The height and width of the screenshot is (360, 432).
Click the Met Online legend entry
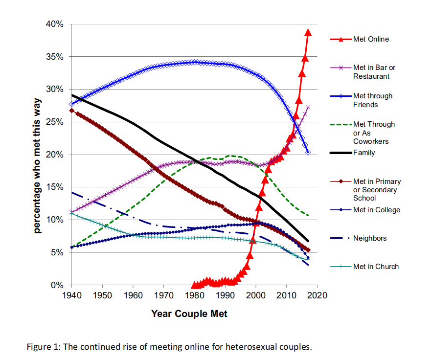click(371, 39)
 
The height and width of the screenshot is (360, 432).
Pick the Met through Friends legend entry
click(372, 100)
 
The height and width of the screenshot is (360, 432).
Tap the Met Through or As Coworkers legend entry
click(374, 133)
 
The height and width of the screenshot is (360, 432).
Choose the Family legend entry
click(364, 153)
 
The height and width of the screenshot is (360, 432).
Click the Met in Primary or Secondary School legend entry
click(377, 190)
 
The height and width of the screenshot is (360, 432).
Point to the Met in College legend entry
click(376, 210)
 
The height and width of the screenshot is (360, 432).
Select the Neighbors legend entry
click(369, 238)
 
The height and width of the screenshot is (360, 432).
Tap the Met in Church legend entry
click(376, 267)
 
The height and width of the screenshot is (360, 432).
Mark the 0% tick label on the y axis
click(57, 285)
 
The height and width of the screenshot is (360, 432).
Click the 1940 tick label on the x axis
click(71, 295)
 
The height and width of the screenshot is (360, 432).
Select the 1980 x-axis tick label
click(194, 295)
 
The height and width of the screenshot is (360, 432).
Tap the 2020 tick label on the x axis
click(317, 295)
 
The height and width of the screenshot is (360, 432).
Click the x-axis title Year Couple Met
click(189, 314)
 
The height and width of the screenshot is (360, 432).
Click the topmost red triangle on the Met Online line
click(308, 33)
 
